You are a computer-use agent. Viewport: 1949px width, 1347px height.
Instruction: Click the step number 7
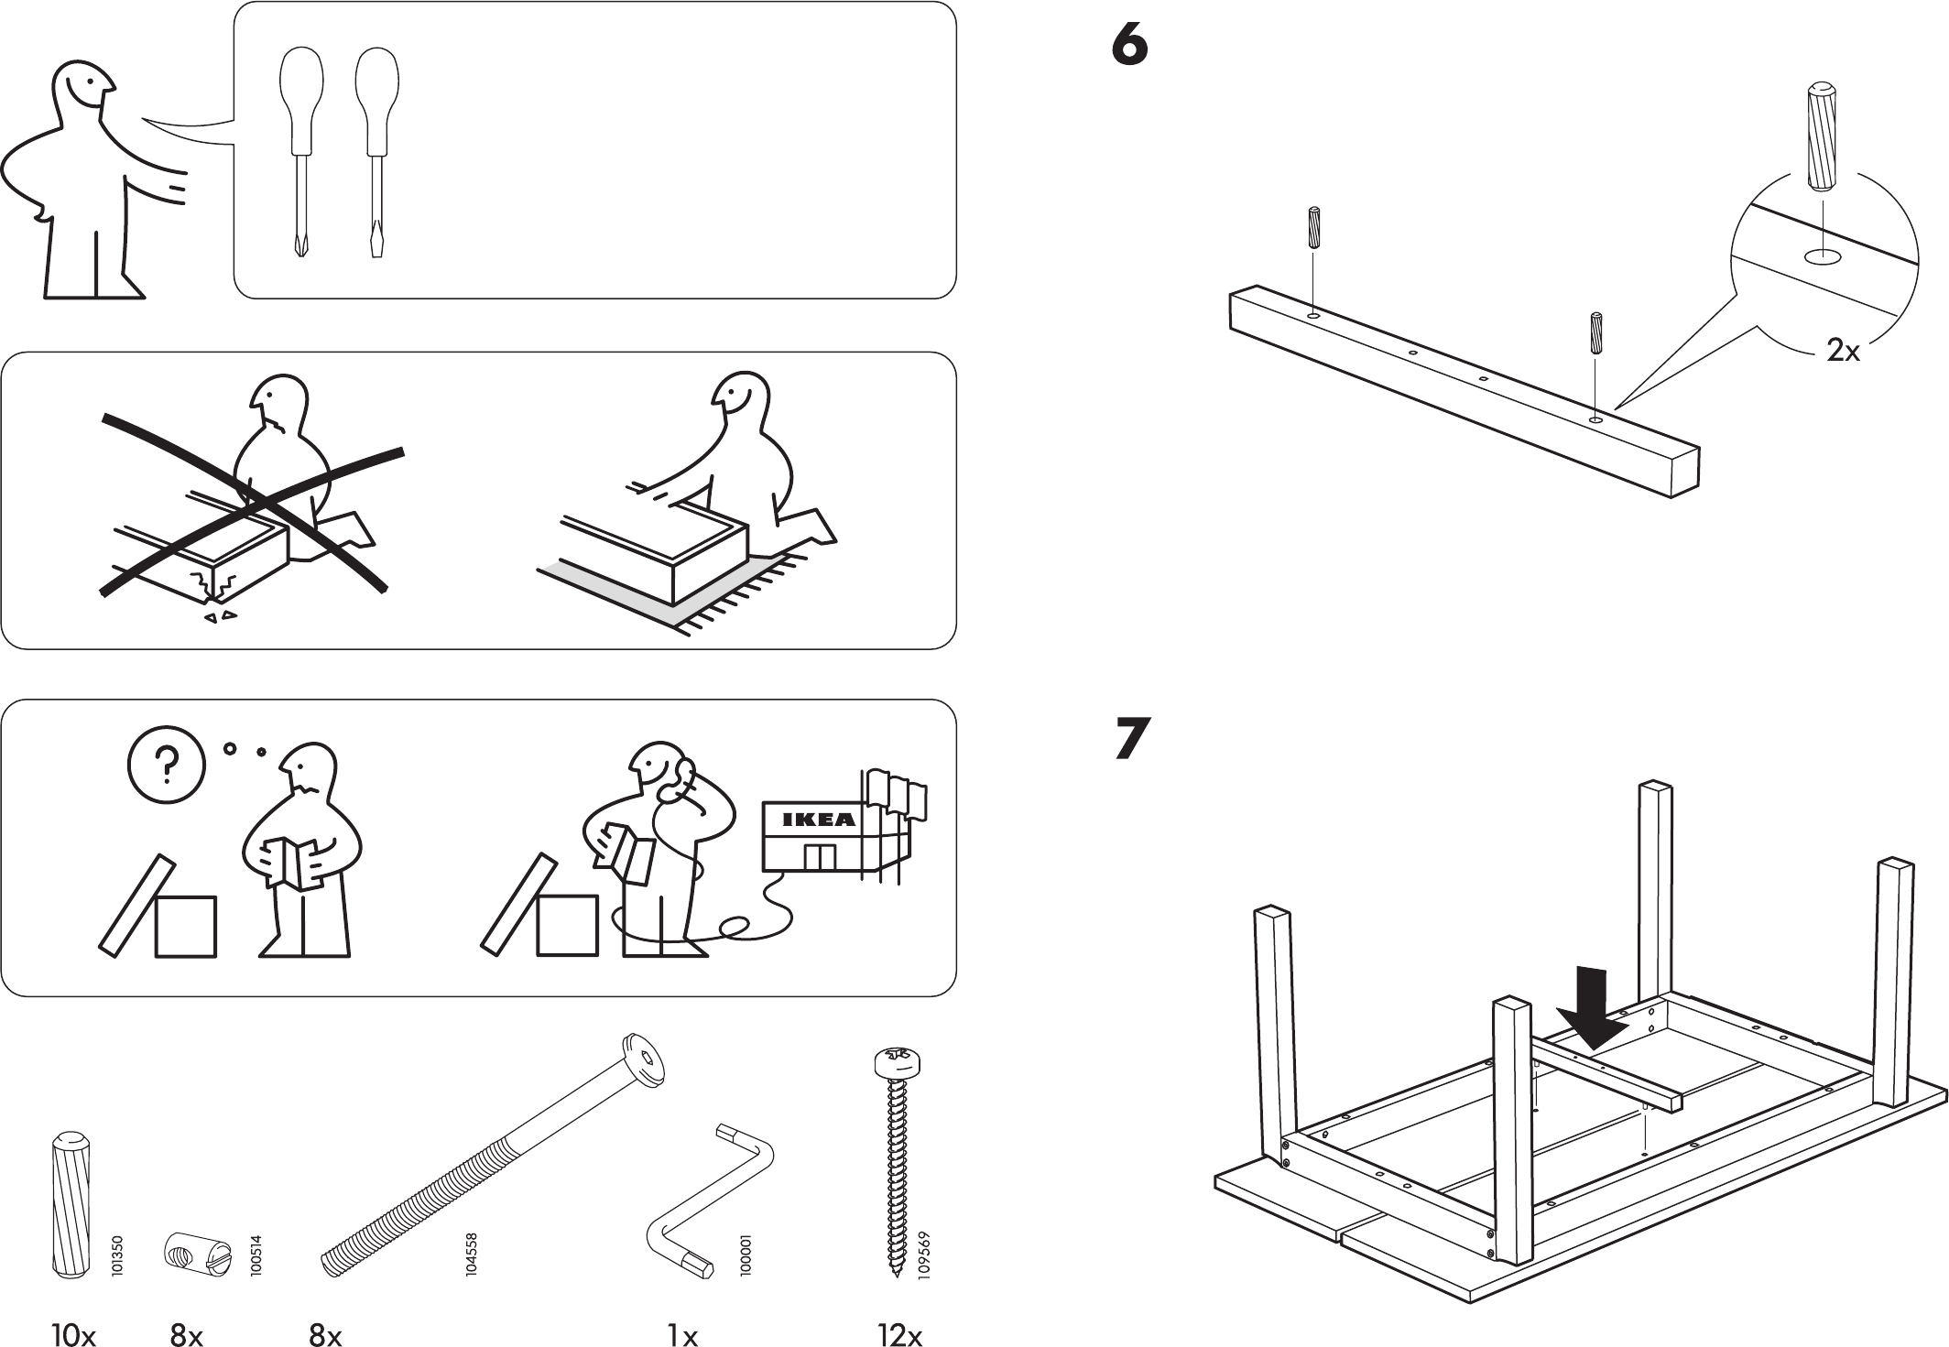tap(1132, 739)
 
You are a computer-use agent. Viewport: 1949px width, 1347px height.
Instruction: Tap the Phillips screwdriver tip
tap(300, 245)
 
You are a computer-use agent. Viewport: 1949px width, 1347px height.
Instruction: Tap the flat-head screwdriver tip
tap(376, 244)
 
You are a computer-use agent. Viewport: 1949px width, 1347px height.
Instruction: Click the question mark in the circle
tap(167, 765)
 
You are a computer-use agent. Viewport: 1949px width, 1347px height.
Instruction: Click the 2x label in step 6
tap(1843, 351)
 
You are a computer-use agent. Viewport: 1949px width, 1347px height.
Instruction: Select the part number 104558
tap(472, 1255)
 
